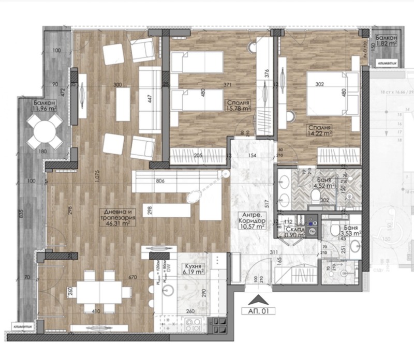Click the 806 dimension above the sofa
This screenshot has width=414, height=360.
click(x=160, y=181)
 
